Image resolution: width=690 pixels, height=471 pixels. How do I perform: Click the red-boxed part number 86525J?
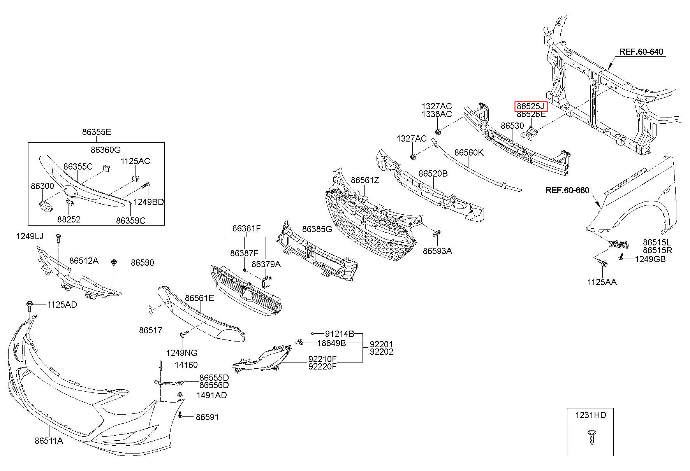pos(531,106)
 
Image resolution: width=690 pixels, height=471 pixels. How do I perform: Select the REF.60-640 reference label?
pos(641,52)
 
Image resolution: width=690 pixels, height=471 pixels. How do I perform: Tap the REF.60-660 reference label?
pos(567,190)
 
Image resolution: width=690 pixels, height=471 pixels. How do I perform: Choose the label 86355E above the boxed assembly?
pos(97,132)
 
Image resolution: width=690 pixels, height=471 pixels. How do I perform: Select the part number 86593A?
pos(437,251)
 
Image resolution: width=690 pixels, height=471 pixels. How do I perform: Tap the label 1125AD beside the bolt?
pos(62,305)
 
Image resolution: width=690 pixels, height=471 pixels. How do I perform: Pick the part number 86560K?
pos(469,152)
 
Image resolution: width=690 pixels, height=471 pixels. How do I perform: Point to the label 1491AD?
pos(212,395)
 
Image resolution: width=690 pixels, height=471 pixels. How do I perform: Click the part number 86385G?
pos(317,229)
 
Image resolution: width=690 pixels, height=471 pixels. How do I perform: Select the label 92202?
pos(381,352)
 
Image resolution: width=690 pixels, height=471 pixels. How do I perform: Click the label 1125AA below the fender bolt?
pos(602,282)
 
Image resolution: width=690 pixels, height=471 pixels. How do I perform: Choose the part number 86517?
pos(150,331)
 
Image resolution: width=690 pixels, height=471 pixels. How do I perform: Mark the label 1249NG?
pos(181,353)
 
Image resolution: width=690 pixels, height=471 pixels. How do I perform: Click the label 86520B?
pos(433,173)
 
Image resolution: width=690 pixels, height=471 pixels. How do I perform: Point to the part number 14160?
pos(186,365)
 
